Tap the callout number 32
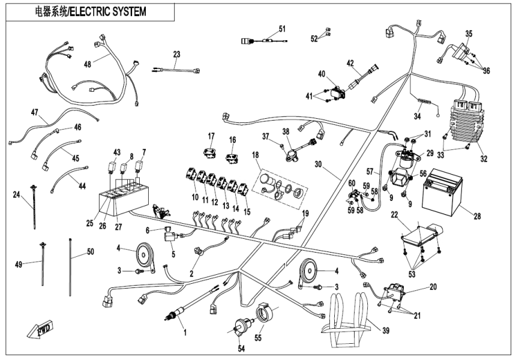coord(484,159)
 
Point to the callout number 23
coord(176,55)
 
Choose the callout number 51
coord(282,29)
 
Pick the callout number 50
coord(90,252)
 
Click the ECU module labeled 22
coord(420,234)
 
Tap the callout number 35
coord(469,34)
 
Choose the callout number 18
coord(257,155)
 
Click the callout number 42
coord(350,62)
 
